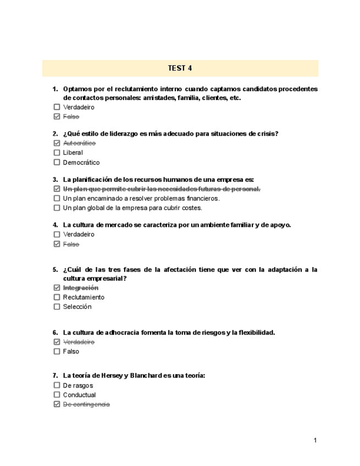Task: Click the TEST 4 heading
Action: tap(180, 68)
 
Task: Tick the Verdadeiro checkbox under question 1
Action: tap(57, 107)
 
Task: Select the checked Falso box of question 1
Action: tap(57, 117)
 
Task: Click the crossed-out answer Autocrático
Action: tap(79, 143)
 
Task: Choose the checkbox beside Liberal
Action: tap(57, 153)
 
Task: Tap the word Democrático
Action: tap(81, 163)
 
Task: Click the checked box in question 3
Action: tap(57, 189)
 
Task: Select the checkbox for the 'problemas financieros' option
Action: tap(57, 198)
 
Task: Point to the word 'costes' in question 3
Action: tap(192, 208)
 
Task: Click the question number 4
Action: tap(55, 224)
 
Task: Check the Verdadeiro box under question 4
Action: tap(57, 234)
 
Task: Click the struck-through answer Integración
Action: tap(81, 287)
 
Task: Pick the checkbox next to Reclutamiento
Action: tap(57, 297)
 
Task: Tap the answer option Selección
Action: tap(77, 307)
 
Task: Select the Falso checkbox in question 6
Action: tap(57, 351)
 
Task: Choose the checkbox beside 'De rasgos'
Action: tap(57, 385)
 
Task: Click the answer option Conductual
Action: tap(79, 395)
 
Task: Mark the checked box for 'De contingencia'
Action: tap(57, 404)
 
